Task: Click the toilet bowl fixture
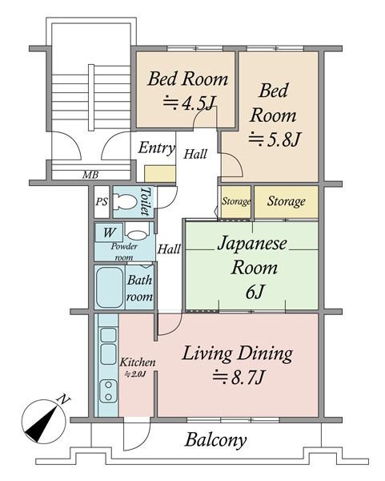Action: pos(125,202)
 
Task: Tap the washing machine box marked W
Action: pos(109,232)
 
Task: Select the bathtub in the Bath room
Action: pos(109,288)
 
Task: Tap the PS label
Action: pos(102,202)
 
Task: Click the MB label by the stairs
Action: pos(90,175)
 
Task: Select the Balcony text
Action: pos(215,440)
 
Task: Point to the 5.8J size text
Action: pos(274,139)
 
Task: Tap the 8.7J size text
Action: pos(239,377)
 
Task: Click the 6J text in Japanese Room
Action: pos(255,292)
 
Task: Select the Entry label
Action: pos(156,148)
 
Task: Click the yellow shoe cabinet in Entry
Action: pos(160,174)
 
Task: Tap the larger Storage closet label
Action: pos(287,201)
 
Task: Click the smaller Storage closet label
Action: pos(236,201)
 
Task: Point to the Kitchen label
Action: pos(138,362)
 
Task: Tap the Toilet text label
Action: pos(145,201)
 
